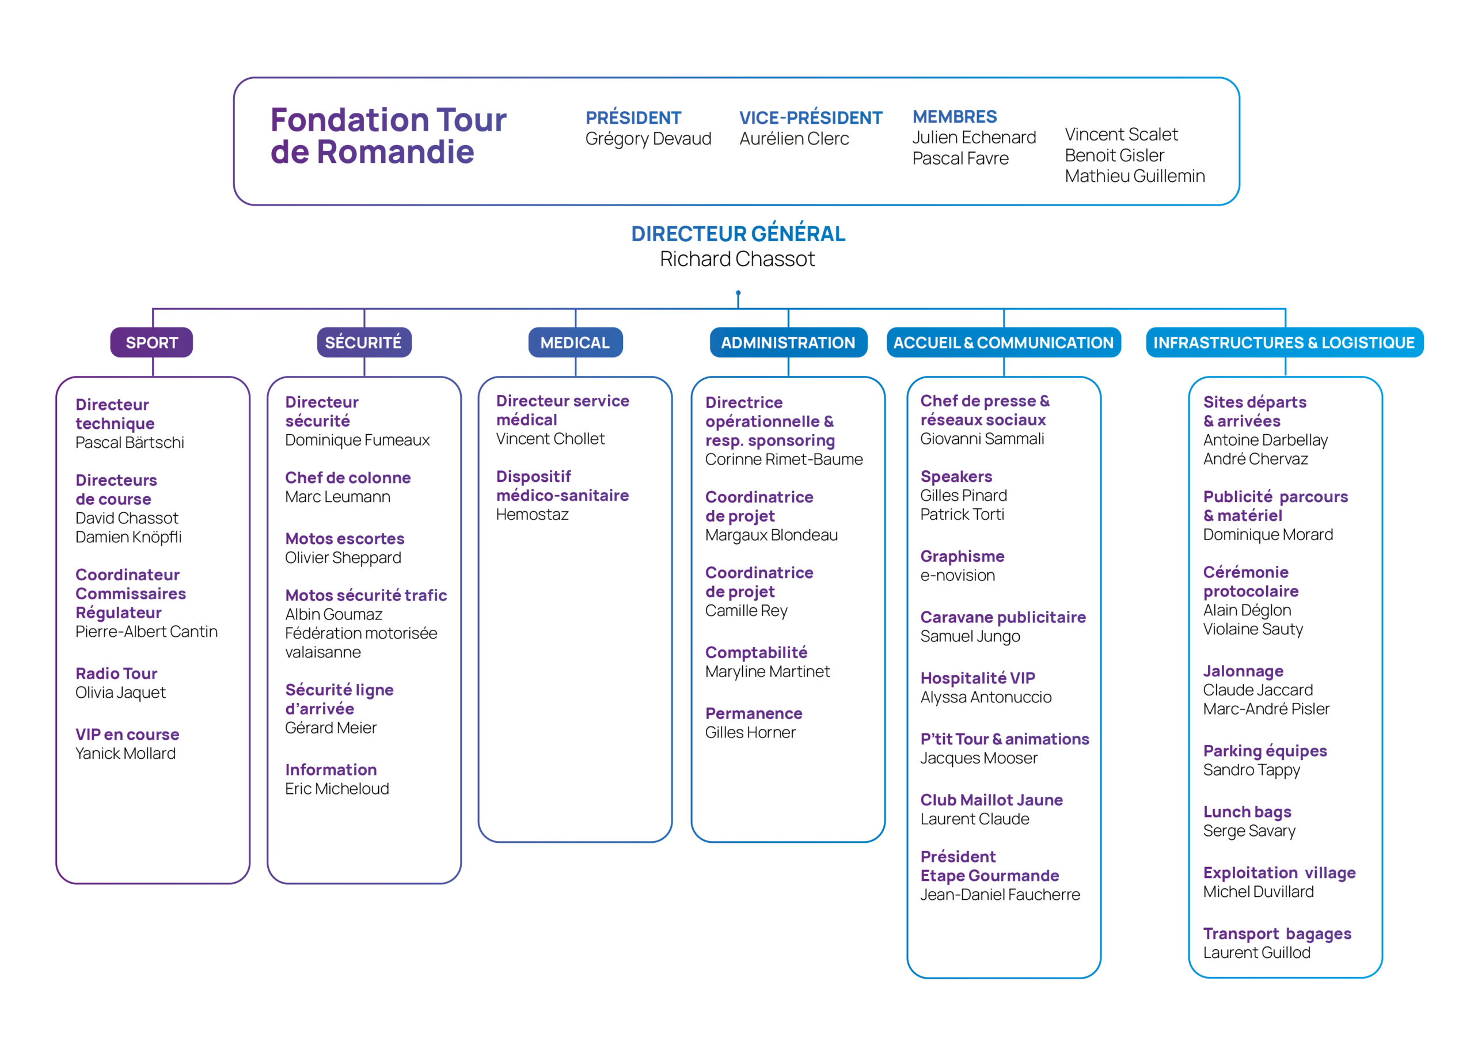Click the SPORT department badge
click(x=151, y=342)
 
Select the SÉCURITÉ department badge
click(x=364, y=342)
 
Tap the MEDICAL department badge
click(x=575, y=342)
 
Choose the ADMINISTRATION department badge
click(x=788, y=342)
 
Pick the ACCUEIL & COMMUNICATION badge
click(x=1004, y=342)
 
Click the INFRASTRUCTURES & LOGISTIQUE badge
click(x=1285, y=342)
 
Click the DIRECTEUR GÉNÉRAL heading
click(x=738, y=234)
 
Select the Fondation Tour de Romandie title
click(x=389, y=135)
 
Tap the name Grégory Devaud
click(x=648, y=139)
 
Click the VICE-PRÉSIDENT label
click(x=811, y=117)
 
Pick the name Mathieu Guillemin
click(x=1134, y=176)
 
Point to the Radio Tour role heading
click(x=116, y=674)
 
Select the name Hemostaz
click(x=532, y=514)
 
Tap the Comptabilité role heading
click(x=756, y=653)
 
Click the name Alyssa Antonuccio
click(x=986, y=697)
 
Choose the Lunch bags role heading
click(x=1247, y=812)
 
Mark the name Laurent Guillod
click(x=1257, y=953)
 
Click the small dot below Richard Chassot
click(x=738, y=293)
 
